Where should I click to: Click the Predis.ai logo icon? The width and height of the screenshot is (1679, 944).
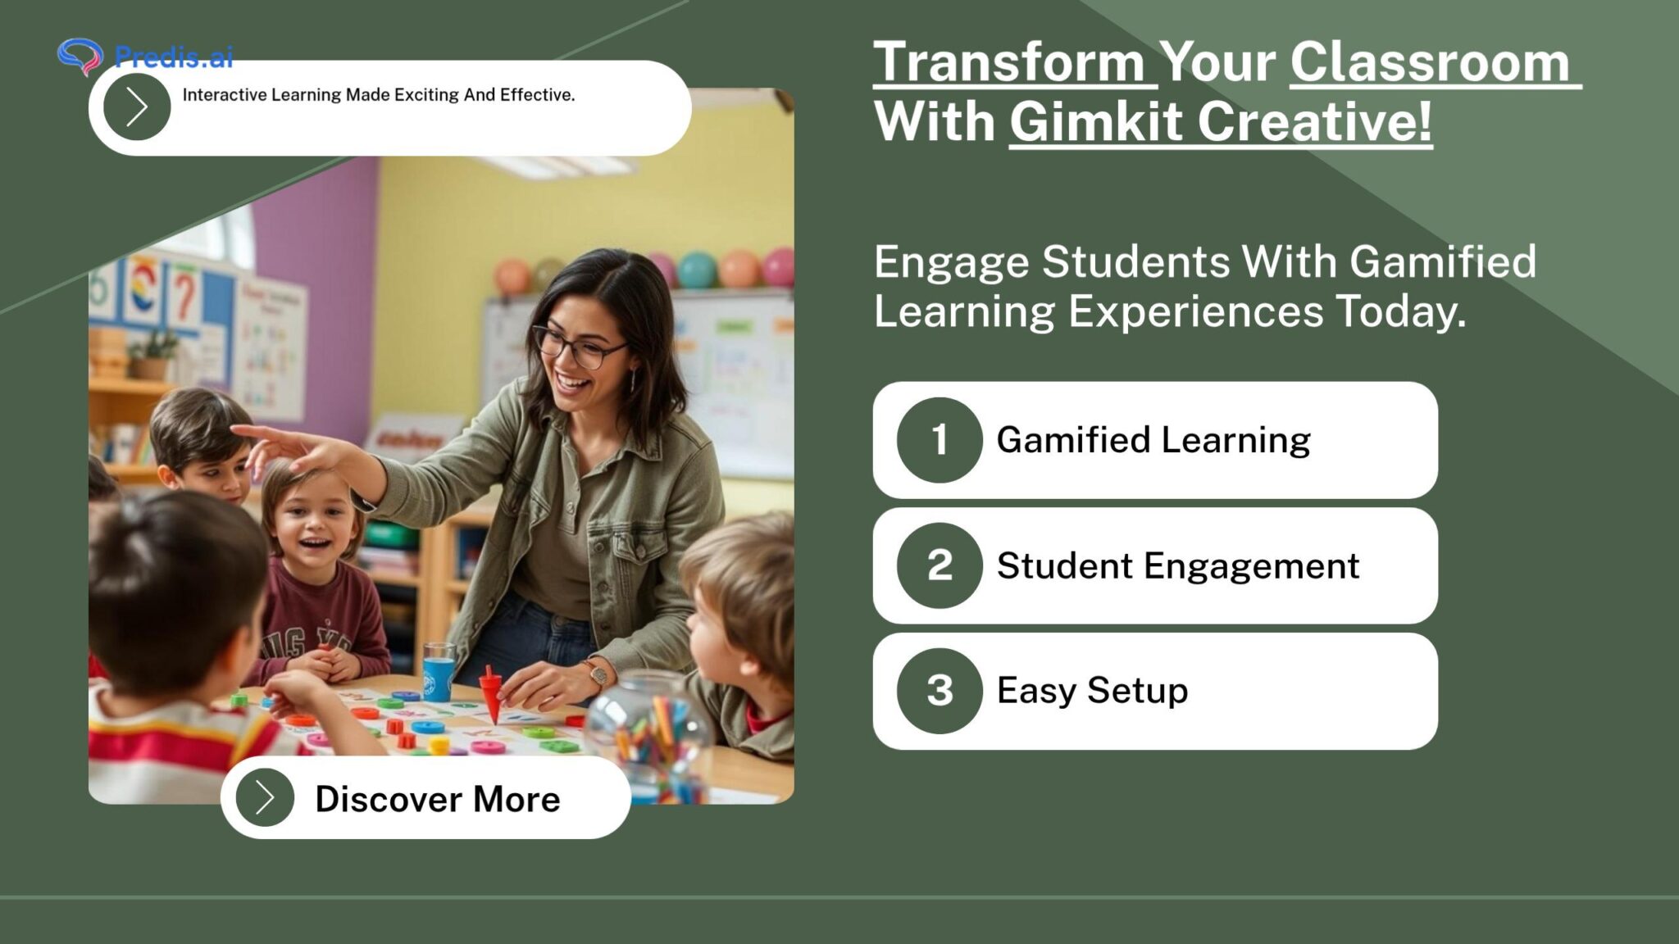(x=80, y=56)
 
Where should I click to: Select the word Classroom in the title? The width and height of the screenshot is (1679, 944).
(x=1430, y=62)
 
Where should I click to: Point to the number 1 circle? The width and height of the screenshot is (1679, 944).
(x=940, y=440)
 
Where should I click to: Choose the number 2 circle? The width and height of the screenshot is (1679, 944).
(x=940, y=565)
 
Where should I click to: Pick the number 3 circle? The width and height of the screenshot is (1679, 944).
(x=940, y=691)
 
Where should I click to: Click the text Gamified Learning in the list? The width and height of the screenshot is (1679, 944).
(x=1153, y=440)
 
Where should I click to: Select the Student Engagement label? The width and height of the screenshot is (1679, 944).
(x=1178, y=565)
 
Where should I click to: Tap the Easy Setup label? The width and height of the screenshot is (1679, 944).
(x=1092, y=691)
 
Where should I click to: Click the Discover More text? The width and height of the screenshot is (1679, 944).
(x=437, y=799)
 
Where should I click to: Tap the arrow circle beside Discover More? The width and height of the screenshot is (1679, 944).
(x=264, y=797)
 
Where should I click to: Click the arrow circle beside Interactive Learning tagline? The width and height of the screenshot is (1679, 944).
(x=137, y=107)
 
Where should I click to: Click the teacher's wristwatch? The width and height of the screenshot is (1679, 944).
(x=599, y=674)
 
